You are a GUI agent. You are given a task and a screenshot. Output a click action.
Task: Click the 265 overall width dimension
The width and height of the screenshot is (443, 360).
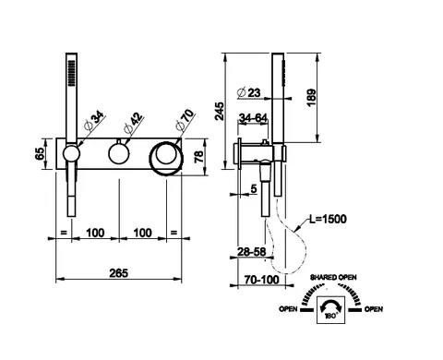pyautogui.click(x=119, y=272)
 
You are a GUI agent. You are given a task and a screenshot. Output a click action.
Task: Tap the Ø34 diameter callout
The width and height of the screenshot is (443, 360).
pyautogui.click(x=93, y=121)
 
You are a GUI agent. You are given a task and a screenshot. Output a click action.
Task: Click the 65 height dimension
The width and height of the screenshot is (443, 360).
pyautogui.click(x=40, y=153)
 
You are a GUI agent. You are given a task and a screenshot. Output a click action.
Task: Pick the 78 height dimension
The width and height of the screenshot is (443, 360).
pyautogui.click(x=199, y=156)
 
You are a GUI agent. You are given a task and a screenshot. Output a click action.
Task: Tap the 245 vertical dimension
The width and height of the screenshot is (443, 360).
pyautogui.click(x=220, y=111)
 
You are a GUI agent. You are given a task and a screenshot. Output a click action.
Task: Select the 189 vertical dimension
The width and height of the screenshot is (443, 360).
pyautogui.click(x=311, y=98)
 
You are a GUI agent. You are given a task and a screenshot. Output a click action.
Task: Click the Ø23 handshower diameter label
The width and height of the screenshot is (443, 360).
pyautogui.click(x=249, y=92)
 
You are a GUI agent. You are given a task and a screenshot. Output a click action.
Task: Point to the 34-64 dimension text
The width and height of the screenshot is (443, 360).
pyautogui.click(x=253, y=117)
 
